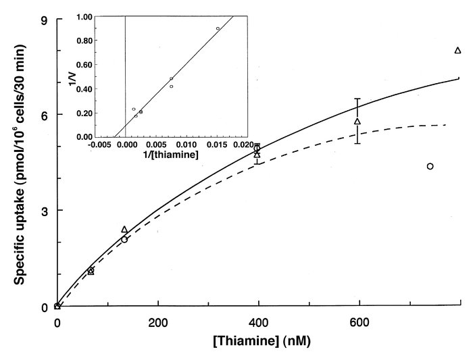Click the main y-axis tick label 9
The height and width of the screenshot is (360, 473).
pos(43,20)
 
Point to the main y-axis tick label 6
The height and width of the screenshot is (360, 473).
pos(43,115)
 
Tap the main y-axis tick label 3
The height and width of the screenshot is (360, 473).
pos(43,211)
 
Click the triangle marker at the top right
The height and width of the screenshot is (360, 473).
pos(457,51)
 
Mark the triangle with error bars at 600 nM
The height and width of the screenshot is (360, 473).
pos(357,122)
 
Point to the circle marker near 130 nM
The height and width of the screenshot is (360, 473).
pos(124,239)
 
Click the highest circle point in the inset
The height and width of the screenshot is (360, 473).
pos(218,28)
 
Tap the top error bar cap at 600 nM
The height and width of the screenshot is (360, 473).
pos(357,99)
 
